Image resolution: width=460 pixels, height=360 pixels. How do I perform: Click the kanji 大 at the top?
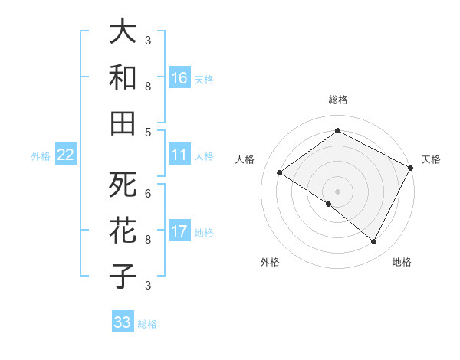click(123, 32)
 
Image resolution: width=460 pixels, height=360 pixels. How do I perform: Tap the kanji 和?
click(123, 77)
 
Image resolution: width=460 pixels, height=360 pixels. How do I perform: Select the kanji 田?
click(123, 123)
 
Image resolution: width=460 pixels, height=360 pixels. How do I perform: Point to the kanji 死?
click(123, 185)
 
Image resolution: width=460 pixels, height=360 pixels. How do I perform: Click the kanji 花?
click(123, 231)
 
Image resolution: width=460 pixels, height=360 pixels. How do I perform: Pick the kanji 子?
click(123, 277)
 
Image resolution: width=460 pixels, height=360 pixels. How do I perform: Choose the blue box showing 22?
click(66, 155)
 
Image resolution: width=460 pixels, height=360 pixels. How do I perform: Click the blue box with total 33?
click(123, 322)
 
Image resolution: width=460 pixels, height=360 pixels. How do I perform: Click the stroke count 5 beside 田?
click(148, 132)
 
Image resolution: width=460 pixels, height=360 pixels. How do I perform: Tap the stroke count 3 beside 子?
click(148, 285)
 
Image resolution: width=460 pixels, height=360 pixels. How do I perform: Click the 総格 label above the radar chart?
click(337, 100)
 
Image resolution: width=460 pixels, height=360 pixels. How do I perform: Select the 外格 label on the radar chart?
click(270, 262)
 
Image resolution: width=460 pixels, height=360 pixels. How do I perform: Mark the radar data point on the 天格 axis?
click(411, 168)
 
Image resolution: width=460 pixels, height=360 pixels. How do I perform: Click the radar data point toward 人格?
click(280, 173)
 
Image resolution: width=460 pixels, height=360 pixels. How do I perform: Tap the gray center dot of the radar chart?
click(337, 190)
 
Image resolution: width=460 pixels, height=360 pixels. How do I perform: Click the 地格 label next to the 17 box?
click(204, 232)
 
